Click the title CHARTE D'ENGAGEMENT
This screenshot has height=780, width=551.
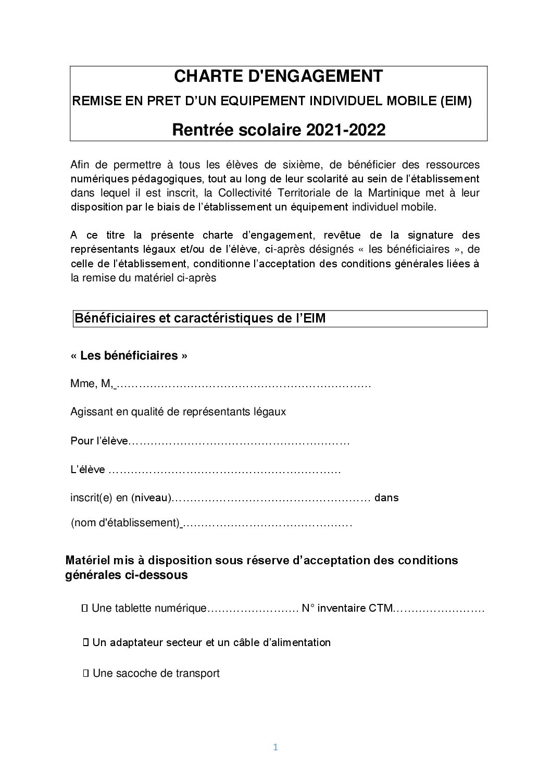pyautogui.click(x=278, y=77)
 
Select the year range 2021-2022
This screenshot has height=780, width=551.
pyautogui.click(x=346, y=130)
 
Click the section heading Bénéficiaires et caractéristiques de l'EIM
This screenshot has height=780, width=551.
pyautogui.click(x=200, y=318)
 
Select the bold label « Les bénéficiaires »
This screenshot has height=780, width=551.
pyautogui.click(x=129, y=356)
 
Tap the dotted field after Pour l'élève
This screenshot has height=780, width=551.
pyautogui.click(x=239, y=442)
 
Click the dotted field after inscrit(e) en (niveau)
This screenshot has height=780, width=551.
pyautogui.click(x=271, y=498)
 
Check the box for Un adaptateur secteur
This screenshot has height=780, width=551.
pyautogui.click(x=85, y=642)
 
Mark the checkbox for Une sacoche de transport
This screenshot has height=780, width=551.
pyautogui.click(x=85, y=673)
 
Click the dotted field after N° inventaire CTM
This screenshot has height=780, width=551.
pyautogui.click(x=439, y=609)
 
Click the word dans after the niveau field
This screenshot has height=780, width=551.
pyautogui.click(x=386, y=498)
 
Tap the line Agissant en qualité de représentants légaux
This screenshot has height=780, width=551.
pyautogui.click(x=178, y=412)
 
